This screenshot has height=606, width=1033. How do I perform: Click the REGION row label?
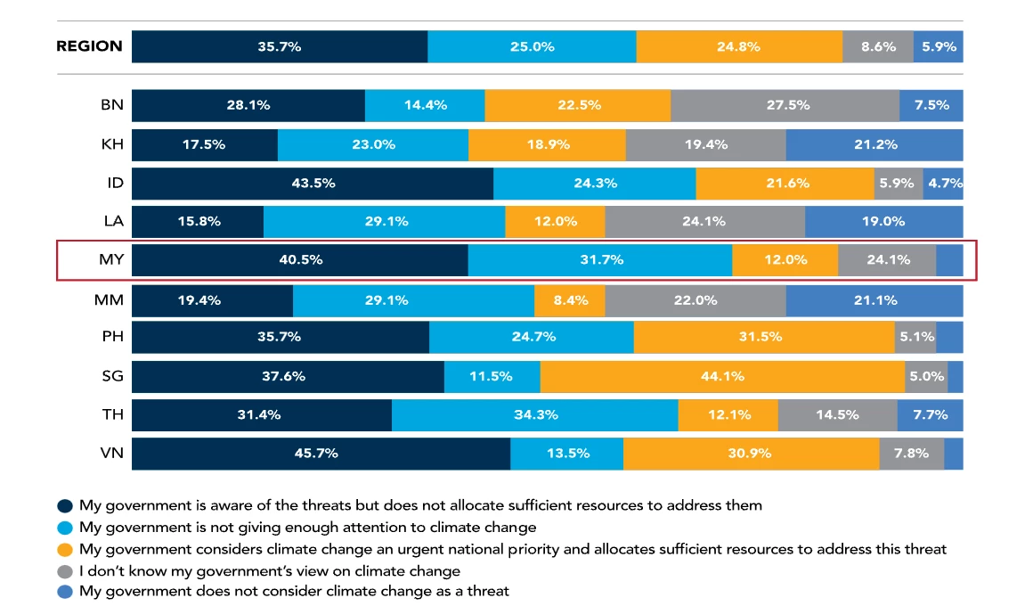tap(89, 46)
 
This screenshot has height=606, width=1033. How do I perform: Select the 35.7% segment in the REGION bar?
tap(280, 46)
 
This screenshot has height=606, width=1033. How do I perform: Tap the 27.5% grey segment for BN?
tap(785, 105)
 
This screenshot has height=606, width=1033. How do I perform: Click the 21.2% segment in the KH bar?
tap(874, 144)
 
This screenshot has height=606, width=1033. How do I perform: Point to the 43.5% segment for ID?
tap(313, 184)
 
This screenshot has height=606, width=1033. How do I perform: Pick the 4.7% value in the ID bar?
tap(943, 184)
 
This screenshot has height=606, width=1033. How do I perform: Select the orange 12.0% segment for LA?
tap(555, 222)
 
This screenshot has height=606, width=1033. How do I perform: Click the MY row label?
tap(110, 260)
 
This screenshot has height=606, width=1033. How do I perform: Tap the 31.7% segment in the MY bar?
tap(600, 260)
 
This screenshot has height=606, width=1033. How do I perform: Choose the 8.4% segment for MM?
tap(570, 300)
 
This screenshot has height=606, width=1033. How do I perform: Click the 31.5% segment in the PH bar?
tap(764, 338)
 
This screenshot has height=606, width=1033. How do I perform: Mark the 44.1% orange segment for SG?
tap(722, 376)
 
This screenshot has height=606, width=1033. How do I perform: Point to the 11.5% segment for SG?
tap(492, 376)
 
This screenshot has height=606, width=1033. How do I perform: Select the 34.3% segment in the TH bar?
tap(534, 415)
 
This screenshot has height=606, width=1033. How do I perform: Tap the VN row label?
tap(112, 454)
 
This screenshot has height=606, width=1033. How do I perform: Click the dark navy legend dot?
tap(65, 506)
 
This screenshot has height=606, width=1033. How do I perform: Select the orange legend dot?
tap(65, 549)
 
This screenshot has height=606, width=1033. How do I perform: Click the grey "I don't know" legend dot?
tap(65, 571)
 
